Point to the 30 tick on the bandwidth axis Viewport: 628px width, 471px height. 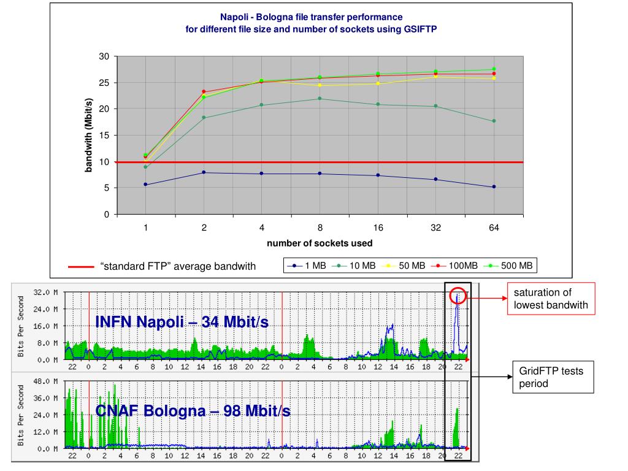tap(104, 56)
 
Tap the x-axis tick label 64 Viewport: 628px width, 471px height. tap(494, 228)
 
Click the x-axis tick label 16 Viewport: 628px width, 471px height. tap(378, 228)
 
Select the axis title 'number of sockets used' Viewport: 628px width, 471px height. tap(319, 243)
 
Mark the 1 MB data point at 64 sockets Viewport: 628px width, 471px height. tap(494, 187)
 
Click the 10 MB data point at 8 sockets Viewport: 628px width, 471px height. tap(320, 99)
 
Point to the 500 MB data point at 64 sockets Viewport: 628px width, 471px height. tap(494, 69)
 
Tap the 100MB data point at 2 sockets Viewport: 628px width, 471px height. tap(204, 92)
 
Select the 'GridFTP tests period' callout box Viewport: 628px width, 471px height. tap(553, 377)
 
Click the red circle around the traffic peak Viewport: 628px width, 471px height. tap(458, 297)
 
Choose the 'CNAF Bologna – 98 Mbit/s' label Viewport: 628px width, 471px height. tap(193, 411)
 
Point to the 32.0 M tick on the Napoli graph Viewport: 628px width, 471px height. tap(46, 293)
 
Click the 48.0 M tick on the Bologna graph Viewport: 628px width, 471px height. tap(46, 381)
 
